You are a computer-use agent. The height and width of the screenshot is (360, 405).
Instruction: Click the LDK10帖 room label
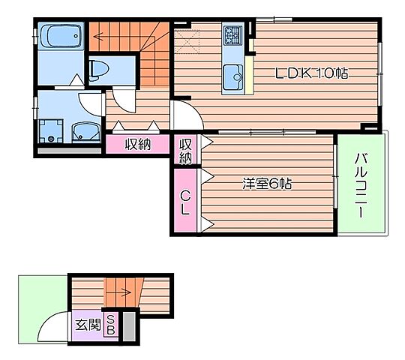click(x=310, y=73)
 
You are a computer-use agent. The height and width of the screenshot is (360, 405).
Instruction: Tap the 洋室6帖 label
click(x=266, y=183)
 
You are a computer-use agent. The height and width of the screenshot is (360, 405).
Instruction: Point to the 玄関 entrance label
click(x=88, y=325)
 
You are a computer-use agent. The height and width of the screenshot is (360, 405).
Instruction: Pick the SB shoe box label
click(x=111, y=325)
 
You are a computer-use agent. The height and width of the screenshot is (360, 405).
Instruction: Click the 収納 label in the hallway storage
click(x=138, y=144)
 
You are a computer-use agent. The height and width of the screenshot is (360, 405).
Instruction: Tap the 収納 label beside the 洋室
click(x=185, y=150)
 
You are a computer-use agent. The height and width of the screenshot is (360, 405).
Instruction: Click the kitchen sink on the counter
click(x=233, y=75)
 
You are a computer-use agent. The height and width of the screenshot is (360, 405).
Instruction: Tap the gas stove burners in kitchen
click(x=233, y=34)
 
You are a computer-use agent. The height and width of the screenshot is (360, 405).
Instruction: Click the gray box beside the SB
click(x=127, y=325)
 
